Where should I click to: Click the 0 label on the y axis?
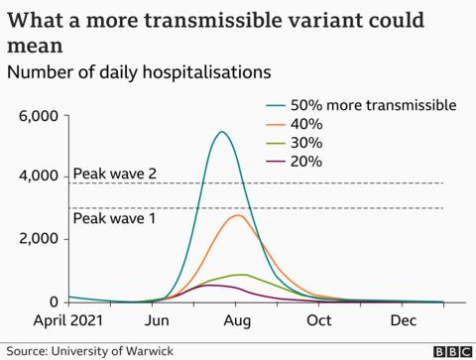[55, 301]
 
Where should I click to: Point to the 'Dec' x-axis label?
[401, 322]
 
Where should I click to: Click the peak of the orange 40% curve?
[238, 215]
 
